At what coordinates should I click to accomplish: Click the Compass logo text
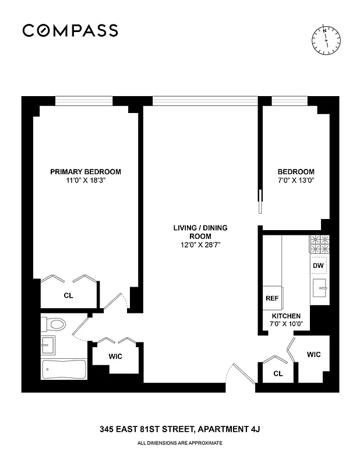(70, 30)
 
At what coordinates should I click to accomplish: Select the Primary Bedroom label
(86, 171)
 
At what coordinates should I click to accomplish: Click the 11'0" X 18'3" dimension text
(86, 181)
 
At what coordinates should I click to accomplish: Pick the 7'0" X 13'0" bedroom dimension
(296, 181)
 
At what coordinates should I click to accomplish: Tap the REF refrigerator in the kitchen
(272, 297)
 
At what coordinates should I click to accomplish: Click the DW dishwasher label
(318, 266)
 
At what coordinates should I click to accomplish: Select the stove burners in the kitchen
(319, 245)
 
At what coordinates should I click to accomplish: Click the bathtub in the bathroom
(64, 369)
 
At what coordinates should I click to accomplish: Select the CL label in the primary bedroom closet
(68, 295)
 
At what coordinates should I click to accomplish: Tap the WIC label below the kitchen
(313, 354)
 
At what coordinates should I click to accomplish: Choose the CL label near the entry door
(277, 373)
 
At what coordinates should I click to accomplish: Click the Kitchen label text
(286, 315)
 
